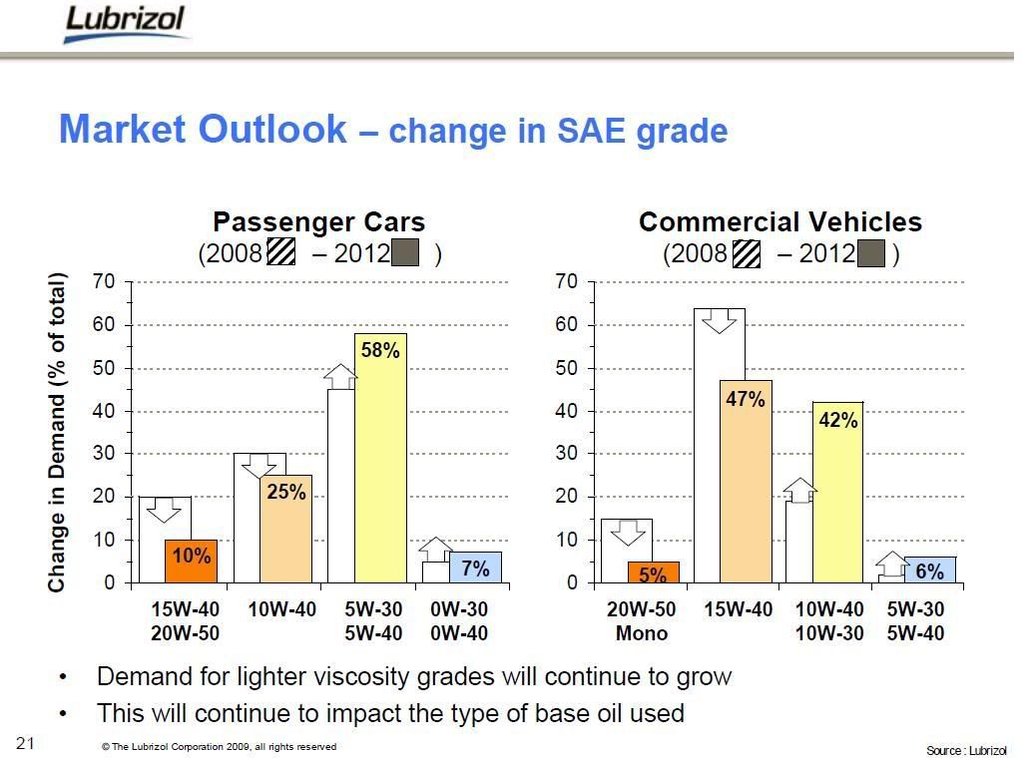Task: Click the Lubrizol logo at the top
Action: click(x=124, y=24)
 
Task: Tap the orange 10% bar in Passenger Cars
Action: click(x=191, y=562)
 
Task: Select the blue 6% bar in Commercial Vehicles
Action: click(x=929, y=570)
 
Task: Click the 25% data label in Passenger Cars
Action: click(x=286, y=491)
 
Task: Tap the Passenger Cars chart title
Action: click(x=319, y=221)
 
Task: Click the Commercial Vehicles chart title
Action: click(x=780, y=221)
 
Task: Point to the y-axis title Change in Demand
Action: click(x=58, y=431)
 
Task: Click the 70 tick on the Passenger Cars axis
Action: click(x=105, y=282)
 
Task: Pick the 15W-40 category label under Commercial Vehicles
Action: click(x=738, y=609)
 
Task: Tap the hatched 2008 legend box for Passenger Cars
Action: click(x=281, y=253)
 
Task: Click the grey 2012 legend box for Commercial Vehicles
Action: click(x=872, y=253)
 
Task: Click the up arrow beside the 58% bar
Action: click(x=340, y=376)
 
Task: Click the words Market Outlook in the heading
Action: click(x=203, y=130)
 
